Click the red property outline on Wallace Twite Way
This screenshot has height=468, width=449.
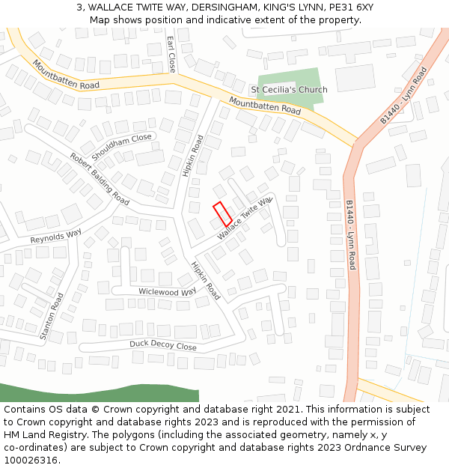click(222, 214)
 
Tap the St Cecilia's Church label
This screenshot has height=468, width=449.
click(289, 90)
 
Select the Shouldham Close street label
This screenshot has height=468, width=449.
click(121, 142)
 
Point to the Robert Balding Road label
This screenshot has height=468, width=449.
click(100, 179)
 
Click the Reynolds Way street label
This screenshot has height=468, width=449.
click(55, 237)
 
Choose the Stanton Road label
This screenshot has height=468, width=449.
click(52, 317)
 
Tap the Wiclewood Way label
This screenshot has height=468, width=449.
click(168, 291)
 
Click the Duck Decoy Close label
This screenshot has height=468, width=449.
click(162, 346)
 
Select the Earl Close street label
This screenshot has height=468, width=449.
click(171, 54)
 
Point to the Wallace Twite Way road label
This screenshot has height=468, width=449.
click(245, 219)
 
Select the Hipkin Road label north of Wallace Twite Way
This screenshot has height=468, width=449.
click(192, 156)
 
